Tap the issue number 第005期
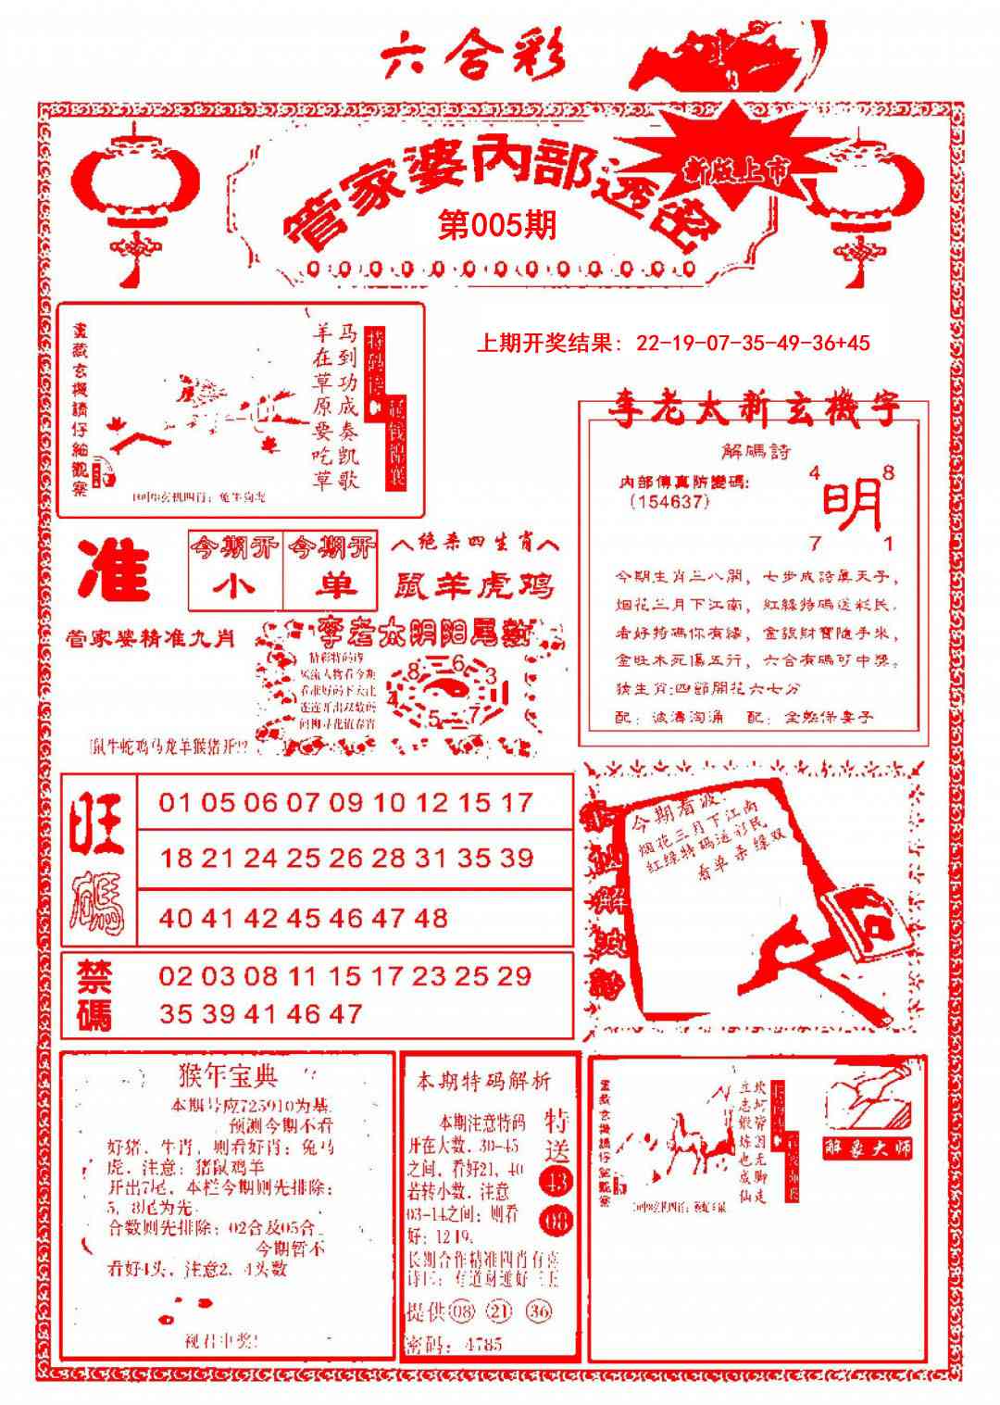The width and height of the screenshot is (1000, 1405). (x=497, y=225)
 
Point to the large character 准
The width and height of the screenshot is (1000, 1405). (x=114, y=569)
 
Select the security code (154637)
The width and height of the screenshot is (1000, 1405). (x=669, y=502)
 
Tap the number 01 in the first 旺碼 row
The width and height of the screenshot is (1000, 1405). (x=175, y=802)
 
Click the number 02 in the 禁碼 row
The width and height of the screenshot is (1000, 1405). (x=175, y=976)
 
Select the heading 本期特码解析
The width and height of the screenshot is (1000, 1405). (x=482, y=1081)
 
